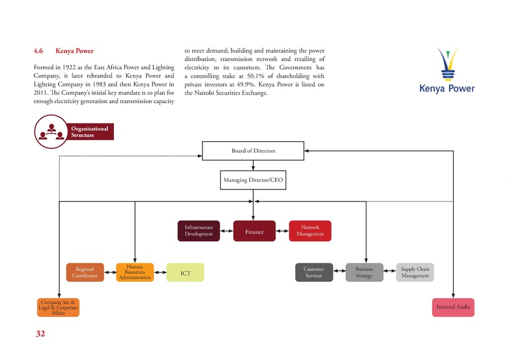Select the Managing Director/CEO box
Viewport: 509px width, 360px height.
coord(253,181)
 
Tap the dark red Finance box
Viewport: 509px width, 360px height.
coord(254,232)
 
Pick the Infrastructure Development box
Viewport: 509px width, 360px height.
coord(198,231)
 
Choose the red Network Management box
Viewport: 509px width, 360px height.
coord(310,231)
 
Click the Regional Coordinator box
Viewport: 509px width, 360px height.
coord(85,272)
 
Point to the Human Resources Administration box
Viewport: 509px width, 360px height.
coord(134,272)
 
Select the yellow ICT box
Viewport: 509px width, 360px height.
coord(185,273)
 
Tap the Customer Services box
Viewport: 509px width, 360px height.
coord(314,272)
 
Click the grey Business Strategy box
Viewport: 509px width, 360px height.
coord(364,272)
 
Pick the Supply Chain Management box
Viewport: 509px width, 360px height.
coord(415,272)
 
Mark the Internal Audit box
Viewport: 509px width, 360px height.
coord(453,307)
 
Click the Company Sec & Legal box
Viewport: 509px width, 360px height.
coord(58,307)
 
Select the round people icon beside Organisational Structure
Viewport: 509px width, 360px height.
coord(50,132)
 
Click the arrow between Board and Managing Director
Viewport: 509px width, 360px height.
coord(253,165)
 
